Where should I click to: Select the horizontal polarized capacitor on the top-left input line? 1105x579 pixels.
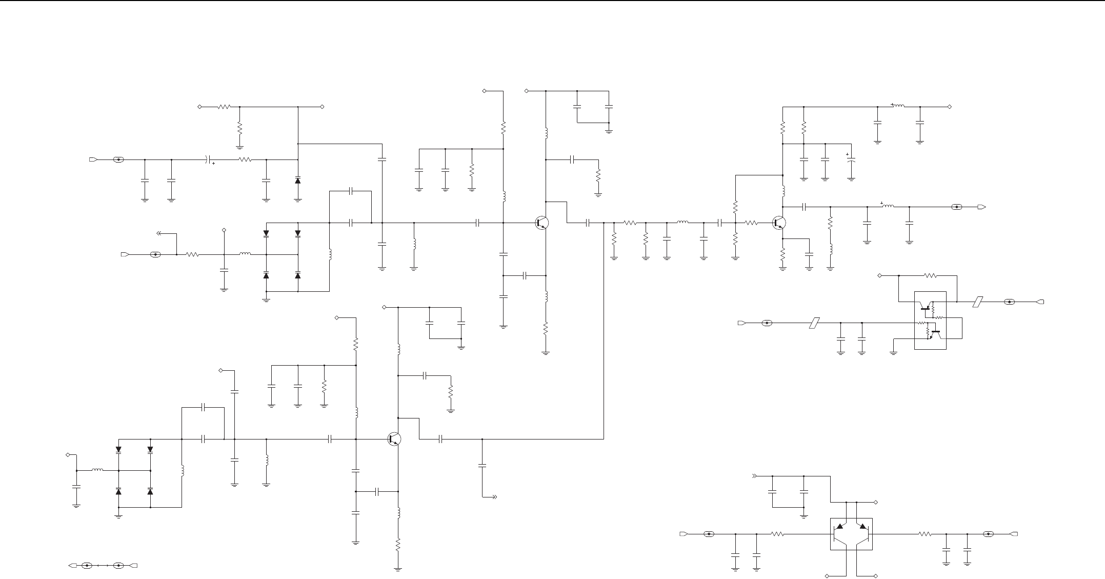pos(208,159)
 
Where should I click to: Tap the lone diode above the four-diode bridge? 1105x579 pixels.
pos(298,181)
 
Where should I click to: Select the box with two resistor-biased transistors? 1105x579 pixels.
pos(930,321)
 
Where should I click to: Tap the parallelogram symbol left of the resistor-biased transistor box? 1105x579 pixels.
pos(814,323)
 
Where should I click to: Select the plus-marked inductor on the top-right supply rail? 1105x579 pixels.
pos(898,107)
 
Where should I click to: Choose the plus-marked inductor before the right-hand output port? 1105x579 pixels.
pos(888,207)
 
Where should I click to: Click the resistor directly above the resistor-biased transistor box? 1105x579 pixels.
pos(931,275)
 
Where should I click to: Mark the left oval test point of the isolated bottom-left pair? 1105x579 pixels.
pos(87,566)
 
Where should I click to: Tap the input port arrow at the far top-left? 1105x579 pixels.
pos(93,159)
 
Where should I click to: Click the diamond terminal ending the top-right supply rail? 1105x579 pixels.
pos(950,107)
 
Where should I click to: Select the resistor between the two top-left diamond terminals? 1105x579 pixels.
pos(224,107)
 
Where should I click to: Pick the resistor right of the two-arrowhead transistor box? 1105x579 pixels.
pos(925,534)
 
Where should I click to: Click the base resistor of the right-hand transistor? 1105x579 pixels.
pos(751,223)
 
